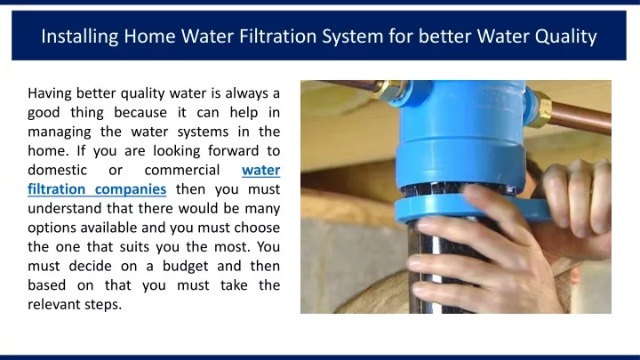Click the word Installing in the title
pyautogui.click(x=80, y=36)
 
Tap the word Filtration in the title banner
pyautogui.click(x=277, y=36)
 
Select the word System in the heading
pyautogui.click(x=353, y=36)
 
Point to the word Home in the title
pyautogui.click(x=149, y=36)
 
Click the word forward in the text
pyautogui.click(x=233, y=150)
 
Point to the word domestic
pyautogui.click(x=57, y=170)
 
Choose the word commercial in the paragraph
pyautogui.click(x=182, y=170)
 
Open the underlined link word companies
pyautogui.click(x=131, y=189)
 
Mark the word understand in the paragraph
pyautogui.click(x=64, y=208)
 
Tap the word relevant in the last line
pyautogui.click(x=53, y=304)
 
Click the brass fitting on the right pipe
pyautogui.click(x=541, y=108)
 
